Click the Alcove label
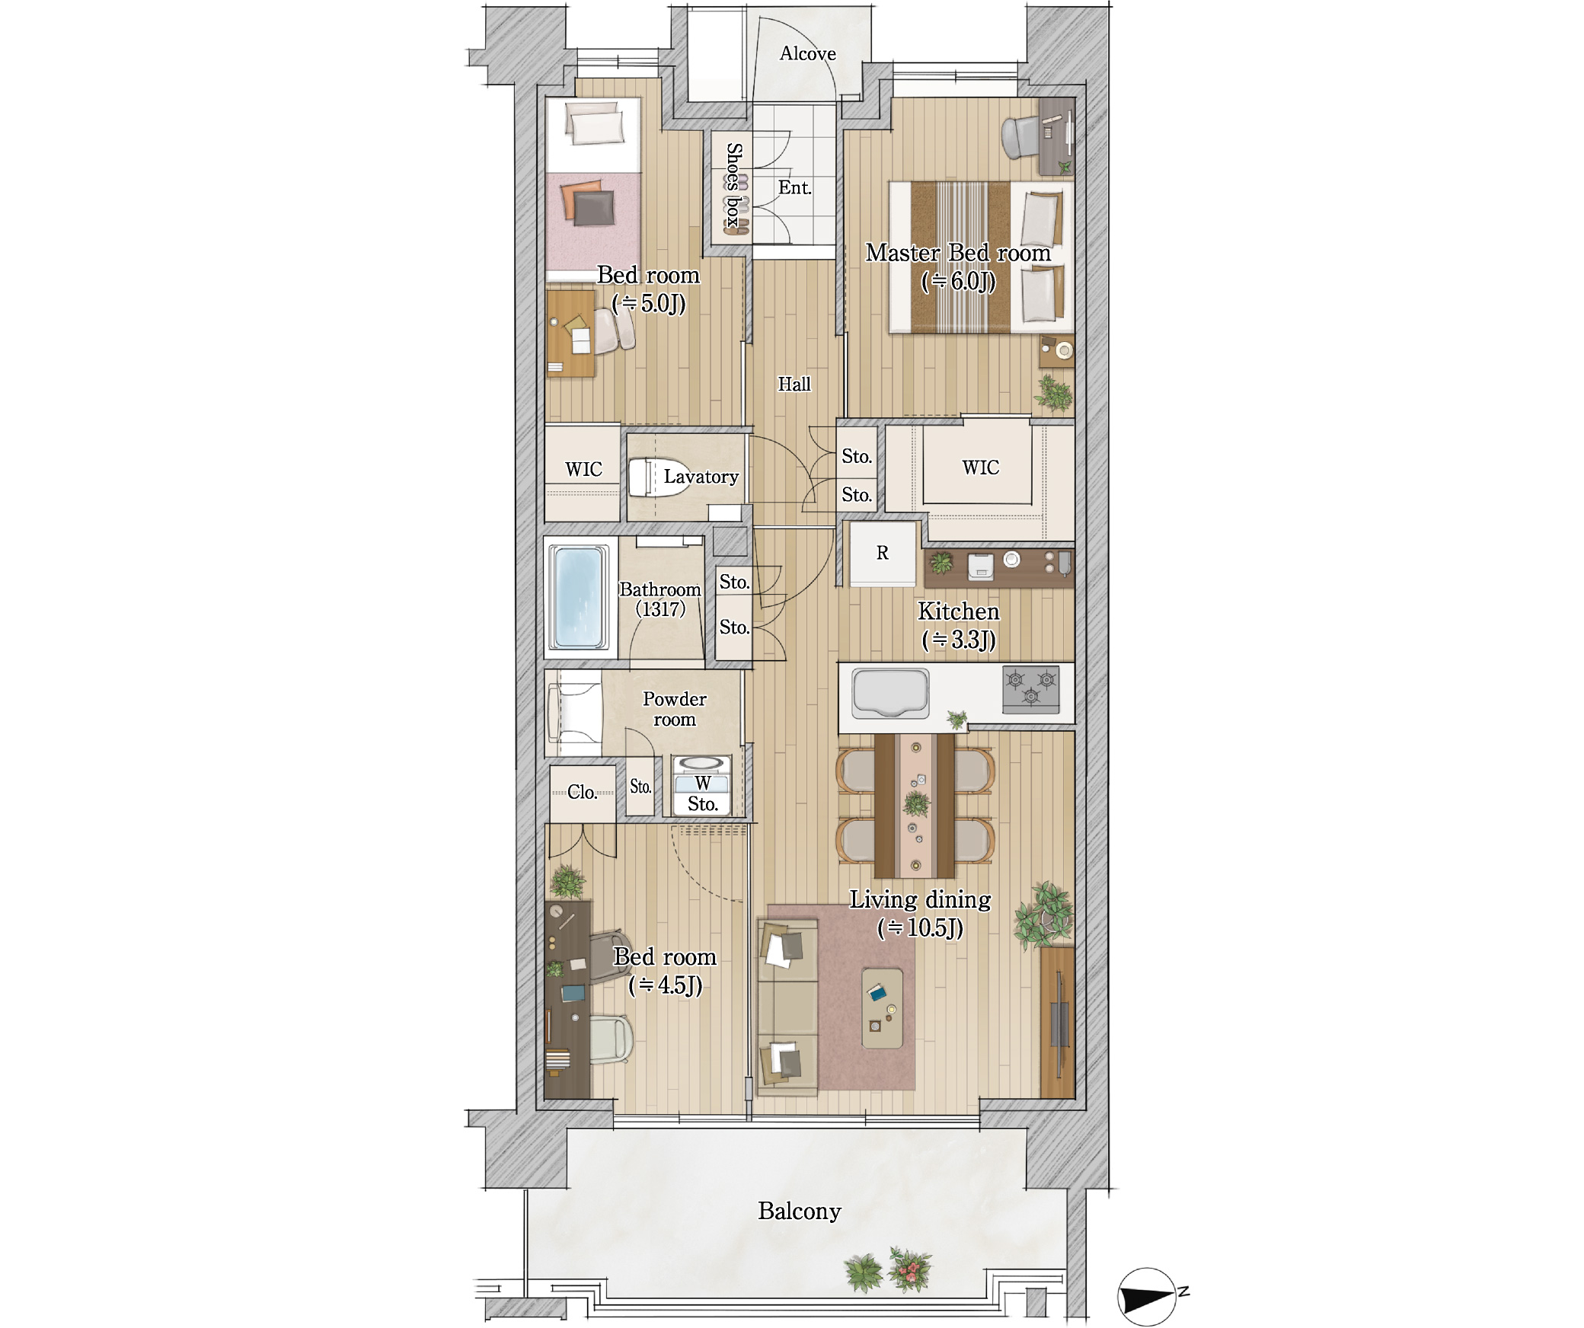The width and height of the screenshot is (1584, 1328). [807, 53]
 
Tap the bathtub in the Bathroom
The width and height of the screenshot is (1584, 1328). [580, 598]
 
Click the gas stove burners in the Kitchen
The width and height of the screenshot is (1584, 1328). [1030, 688]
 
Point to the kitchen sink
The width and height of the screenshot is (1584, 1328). [890, 693]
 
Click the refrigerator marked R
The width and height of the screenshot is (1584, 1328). [883, 554]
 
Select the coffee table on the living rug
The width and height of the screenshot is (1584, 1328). [882, 1008]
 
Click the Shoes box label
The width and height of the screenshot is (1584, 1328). [733, 185]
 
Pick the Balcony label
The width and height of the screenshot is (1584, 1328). [799, 1211]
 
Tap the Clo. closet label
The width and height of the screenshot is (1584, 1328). [583, 792]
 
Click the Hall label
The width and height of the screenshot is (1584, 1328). [794, 385]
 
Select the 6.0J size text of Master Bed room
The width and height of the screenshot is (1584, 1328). [958, 282]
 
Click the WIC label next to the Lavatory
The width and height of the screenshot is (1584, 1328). [583, 469]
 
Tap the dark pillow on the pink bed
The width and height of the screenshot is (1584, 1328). [594, 208]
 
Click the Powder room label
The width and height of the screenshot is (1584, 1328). [675, 709]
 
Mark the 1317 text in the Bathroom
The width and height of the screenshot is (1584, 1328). [660, 609]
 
